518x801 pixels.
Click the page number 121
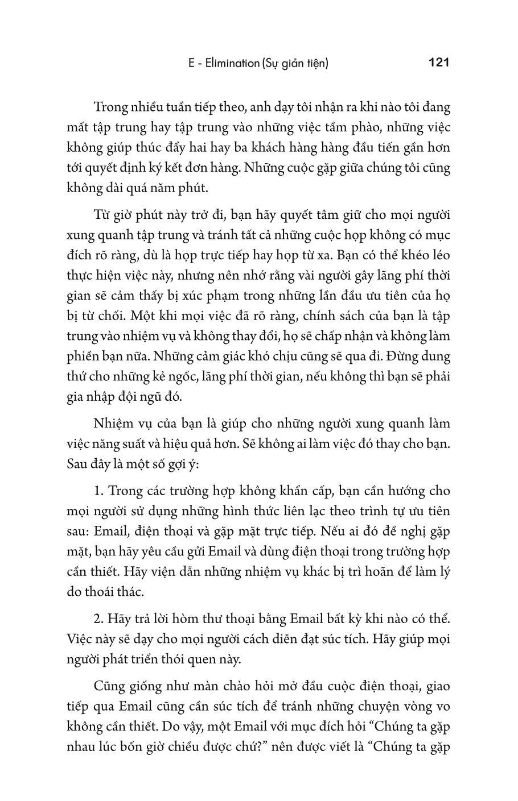pos(438,62)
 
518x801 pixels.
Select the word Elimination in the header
pos(228,63)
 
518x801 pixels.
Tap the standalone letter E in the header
pos(192,63)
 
